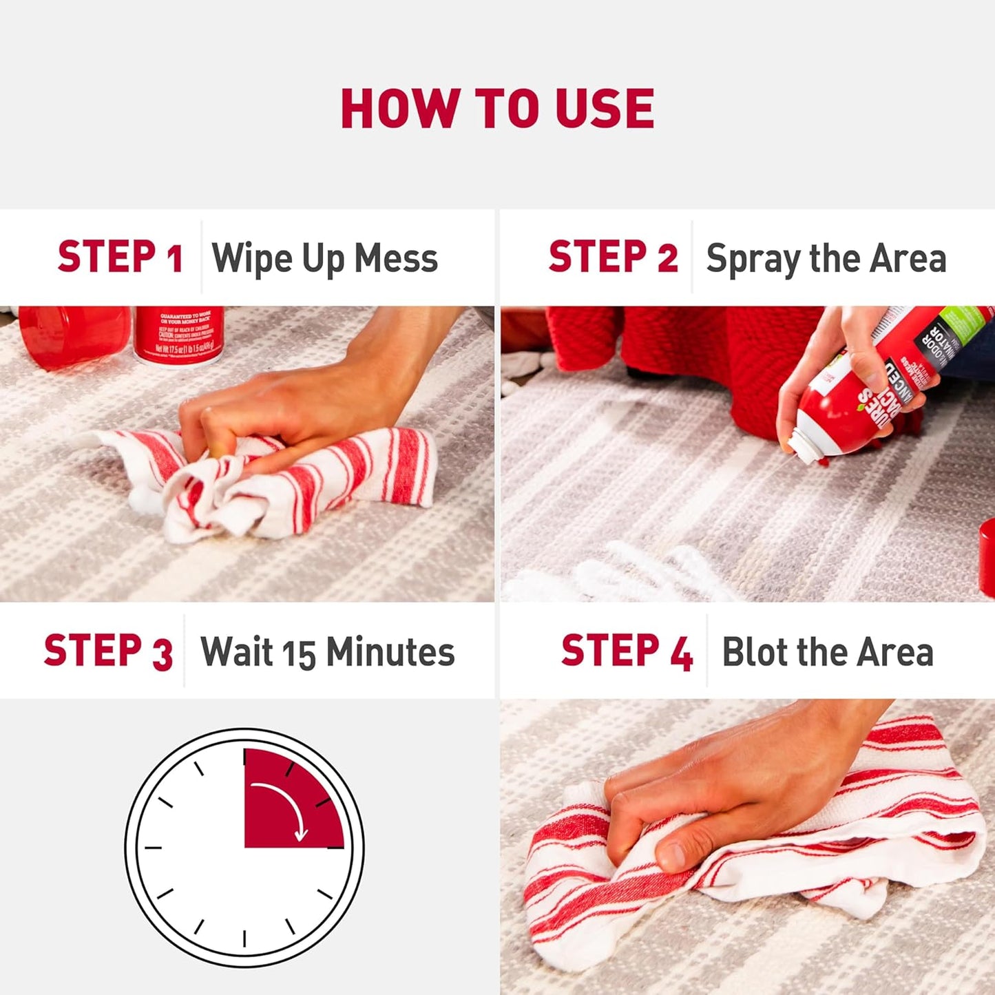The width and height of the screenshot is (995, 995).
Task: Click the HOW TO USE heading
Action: point(497,109)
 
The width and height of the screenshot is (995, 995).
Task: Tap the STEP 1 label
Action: point(120,258)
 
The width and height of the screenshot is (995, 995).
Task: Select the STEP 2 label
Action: point(613,258)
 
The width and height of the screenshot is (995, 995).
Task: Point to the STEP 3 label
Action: point(108,651)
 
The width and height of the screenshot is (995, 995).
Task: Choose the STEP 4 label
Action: point(627,651)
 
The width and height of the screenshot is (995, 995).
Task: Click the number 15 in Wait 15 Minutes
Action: point(299,653)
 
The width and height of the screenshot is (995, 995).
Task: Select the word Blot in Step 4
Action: point(753,651)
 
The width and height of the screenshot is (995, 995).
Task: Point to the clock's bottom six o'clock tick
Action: point(244,938)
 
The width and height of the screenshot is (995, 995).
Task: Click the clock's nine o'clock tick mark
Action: point(153,847)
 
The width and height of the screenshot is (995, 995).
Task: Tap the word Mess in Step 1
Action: point(396,259)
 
